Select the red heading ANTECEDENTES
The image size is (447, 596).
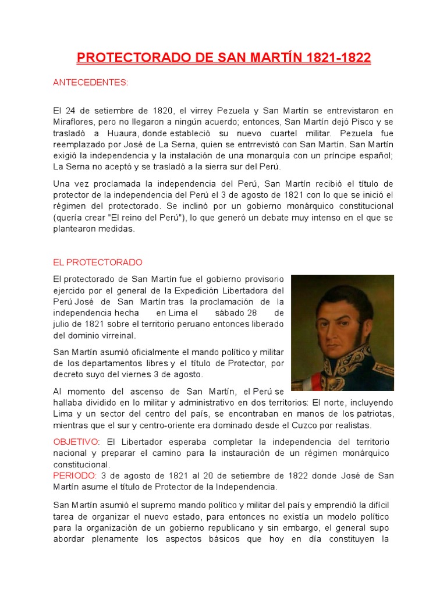tap(90, 83)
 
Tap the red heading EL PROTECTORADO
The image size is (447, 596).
tap(97, 262)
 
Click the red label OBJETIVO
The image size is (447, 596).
tap(76, 442)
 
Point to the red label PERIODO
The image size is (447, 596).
tap(75, 476)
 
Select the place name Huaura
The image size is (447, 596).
tap(146, 133)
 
